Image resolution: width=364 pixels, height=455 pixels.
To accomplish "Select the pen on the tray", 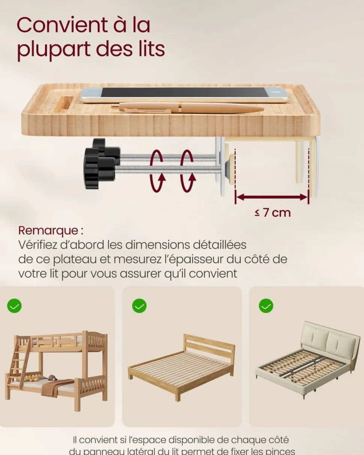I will coord(188,108).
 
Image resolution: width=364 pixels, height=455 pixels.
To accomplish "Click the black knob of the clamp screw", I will coord(98,164).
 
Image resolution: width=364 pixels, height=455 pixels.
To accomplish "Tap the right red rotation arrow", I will coord(187,170).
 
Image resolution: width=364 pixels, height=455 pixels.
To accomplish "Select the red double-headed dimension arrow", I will coord(271,197).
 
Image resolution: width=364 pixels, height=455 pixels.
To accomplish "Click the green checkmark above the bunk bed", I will coord(14,306).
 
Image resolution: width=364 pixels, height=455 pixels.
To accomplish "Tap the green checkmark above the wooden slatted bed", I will coord(139,306).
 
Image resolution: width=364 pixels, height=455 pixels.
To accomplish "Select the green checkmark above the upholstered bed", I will coord(266,306).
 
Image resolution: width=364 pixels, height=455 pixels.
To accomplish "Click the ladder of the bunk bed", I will coord(16,363).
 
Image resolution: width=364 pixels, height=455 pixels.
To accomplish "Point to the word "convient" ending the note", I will coord(213,273).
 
